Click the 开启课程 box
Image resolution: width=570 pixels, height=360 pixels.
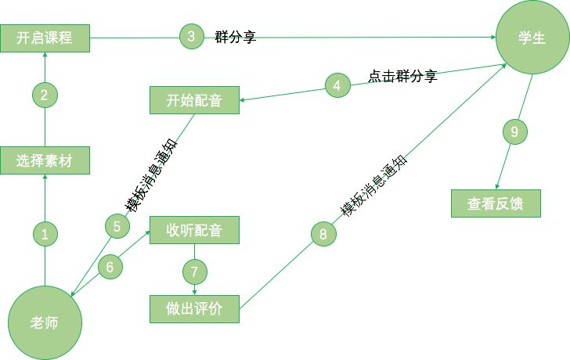[45, 38]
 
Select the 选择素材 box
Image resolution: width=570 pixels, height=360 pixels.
[45, 160]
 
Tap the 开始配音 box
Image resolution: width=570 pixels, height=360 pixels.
[194, 100]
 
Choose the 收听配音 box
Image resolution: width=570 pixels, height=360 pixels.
[194, 229]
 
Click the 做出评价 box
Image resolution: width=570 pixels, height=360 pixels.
[194, 308]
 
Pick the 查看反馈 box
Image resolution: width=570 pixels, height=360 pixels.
[496, 203]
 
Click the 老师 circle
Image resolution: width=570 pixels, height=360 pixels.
[45, 322]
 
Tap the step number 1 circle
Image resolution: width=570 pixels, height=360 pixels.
[45, 233]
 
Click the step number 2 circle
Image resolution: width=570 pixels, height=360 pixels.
[45, 95]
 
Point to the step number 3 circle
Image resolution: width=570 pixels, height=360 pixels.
[191, 36]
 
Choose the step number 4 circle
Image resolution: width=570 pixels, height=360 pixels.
[337, 86]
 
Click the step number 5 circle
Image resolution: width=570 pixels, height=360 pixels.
[117, 226]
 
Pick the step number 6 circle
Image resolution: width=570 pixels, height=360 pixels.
[110, 267]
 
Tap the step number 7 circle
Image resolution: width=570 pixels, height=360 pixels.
[195, 271]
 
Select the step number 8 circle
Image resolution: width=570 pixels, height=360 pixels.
[323, 233]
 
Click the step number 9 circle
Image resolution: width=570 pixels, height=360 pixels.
[514, 132]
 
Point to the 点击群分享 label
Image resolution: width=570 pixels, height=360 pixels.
[402, 77]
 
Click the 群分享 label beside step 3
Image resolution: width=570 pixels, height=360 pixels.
[236, 36]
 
